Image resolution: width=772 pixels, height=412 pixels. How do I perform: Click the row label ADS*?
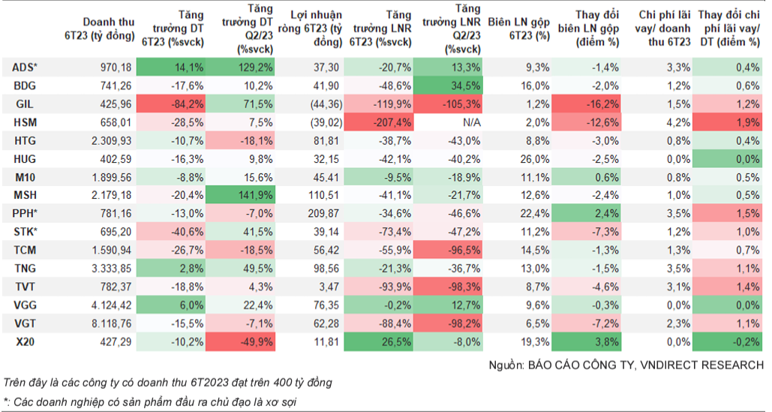coord(25,68)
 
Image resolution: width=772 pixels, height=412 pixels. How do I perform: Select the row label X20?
coord(25,341)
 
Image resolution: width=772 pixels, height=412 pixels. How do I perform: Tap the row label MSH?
coord(25,195)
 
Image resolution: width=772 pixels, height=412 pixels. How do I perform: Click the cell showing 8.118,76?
coord(111,323)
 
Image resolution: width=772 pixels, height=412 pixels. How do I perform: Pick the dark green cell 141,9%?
coord(240,195)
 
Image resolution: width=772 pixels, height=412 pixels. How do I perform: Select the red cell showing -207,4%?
coord(379,122)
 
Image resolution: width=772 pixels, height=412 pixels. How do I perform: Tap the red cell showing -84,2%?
coord(170,104)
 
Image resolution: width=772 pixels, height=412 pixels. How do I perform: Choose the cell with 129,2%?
coord(240,68)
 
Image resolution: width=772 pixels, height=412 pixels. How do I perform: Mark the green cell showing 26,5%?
coord(379,341)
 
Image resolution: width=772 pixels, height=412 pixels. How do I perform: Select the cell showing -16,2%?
coord(586,104)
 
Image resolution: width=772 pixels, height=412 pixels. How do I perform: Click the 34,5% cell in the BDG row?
coord(448,86)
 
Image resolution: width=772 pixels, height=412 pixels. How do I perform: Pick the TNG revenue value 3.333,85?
coord(111,268)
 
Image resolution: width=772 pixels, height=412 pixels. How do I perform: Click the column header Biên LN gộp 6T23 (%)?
coord(519,29)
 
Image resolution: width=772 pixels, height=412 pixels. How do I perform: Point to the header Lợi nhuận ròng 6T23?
coord(310,29)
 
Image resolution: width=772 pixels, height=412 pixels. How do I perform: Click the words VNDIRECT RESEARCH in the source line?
coord(701,365)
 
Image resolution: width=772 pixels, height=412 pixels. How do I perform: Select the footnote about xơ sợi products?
coord(150,401)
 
